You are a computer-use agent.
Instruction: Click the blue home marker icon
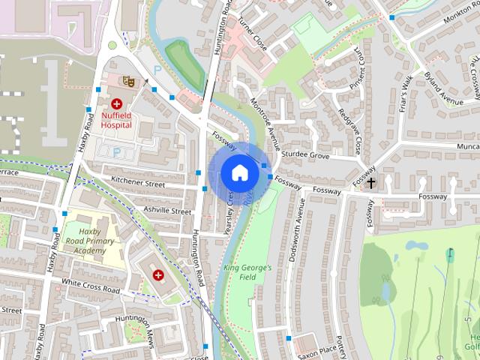tap(239, 172)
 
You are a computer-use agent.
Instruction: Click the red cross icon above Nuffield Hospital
tap(117, 103)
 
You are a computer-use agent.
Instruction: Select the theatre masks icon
tap(127, 78)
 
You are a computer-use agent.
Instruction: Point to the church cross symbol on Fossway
tap(371, 182)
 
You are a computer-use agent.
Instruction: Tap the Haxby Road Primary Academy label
tap(90, 241)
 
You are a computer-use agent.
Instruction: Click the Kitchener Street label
tap(137, 181)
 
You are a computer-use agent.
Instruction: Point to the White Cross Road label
tap(91, 286)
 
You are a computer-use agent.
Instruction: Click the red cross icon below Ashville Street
tap(159, 275)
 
